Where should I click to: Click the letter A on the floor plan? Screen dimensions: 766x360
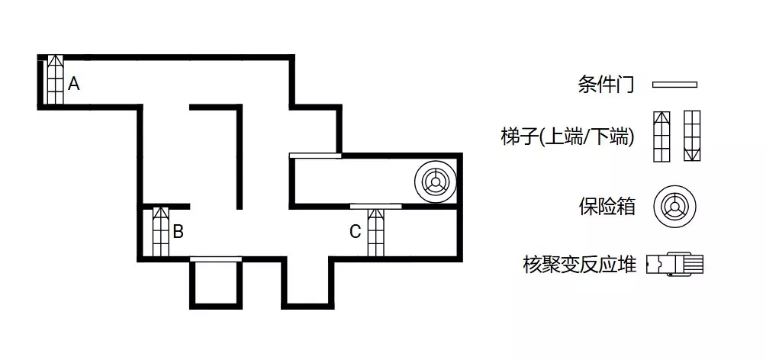(74, 84)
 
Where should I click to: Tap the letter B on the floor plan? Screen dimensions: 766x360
(179, 232)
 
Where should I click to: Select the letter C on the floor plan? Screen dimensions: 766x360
(356, 232)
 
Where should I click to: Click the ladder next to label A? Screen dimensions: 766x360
(55, 79)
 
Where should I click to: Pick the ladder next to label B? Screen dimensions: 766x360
(161, 232)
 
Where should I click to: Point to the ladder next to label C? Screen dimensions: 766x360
(375, 233)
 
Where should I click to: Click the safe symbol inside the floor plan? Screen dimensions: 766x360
(435, 182)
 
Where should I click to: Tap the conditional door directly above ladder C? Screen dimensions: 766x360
(375, 206)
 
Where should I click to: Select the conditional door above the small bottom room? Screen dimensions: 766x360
(216, 259)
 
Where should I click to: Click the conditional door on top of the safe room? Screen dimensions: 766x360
(315, 156)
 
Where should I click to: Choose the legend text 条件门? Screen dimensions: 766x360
(606, 85)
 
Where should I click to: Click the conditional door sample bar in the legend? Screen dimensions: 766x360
(674, 85)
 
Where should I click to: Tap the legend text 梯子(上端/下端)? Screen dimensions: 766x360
(567, 137)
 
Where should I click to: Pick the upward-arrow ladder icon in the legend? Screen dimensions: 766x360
(662, 137)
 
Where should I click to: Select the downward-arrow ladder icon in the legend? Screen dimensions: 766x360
(692, 137)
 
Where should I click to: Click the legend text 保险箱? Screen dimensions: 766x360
(607, 207)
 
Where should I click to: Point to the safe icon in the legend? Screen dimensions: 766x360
(674, 207)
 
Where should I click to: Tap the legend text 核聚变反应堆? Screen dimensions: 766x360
(579, 265)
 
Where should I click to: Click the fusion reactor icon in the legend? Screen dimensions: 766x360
(674, 265)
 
